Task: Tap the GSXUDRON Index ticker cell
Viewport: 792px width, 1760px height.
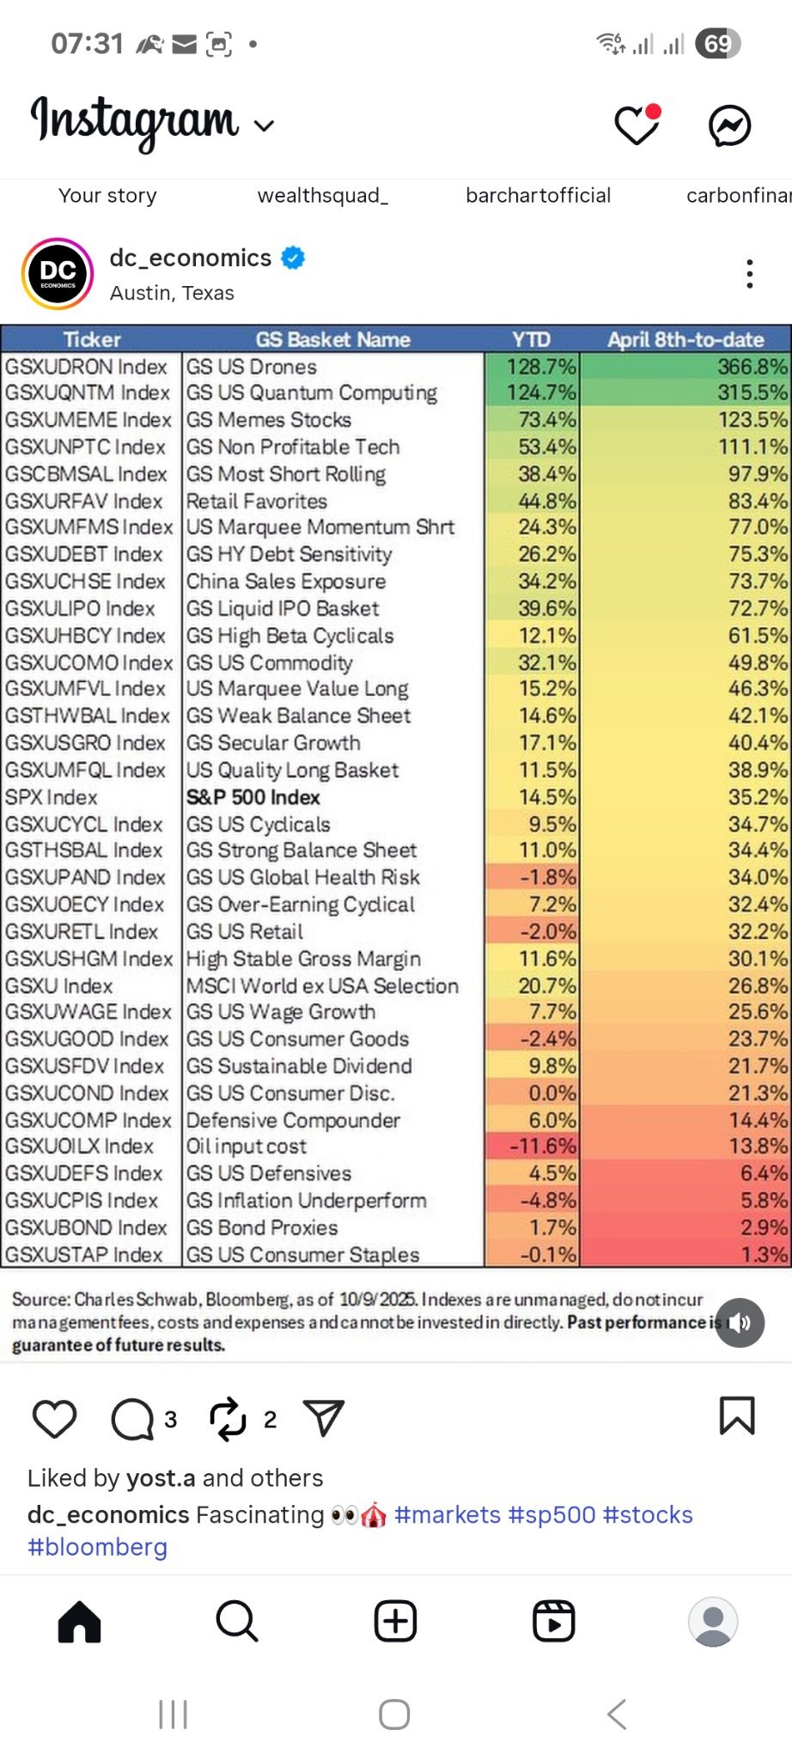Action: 86,367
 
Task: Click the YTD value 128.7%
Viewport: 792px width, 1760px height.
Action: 541,367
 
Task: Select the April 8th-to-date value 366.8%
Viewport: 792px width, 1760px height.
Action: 752,367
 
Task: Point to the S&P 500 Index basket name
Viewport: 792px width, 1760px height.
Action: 253,797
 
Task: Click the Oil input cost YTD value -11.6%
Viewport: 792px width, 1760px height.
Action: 543,1146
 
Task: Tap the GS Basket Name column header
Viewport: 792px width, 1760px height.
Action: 332,339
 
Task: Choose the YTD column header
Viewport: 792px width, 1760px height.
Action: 531,339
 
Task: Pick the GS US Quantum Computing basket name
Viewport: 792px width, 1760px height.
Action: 312,393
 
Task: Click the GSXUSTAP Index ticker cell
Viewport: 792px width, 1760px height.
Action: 83,1255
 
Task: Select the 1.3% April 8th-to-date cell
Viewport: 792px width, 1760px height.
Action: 765,1255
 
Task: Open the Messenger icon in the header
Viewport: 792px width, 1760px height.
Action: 730,126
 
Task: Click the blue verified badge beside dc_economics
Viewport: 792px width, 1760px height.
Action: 294,258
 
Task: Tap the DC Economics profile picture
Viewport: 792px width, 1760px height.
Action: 58,274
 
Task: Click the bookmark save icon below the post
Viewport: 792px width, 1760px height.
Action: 737,1416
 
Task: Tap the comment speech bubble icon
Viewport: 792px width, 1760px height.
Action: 132,1419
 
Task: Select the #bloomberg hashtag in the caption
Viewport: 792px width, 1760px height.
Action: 98,1547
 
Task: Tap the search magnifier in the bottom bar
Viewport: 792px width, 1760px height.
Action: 237,1621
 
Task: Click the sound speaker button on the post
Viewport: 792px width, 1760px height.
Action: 740,1323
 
